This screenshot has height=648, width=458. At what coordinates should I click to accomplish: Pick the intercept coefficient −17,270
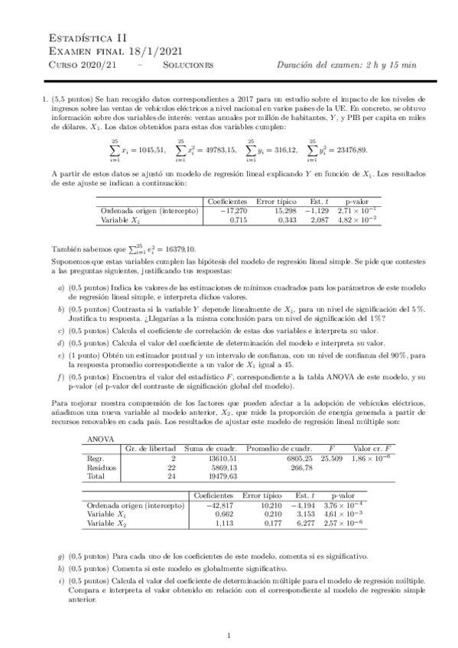point(229,209)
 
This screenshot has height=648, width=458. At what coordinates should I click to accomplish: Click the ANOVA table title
point(102,439)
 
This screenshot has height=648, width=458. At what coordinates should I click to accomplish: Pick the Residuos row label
point(104,466)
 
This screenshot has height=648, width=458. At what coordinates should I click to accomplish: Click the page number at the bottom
point(229,636)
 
